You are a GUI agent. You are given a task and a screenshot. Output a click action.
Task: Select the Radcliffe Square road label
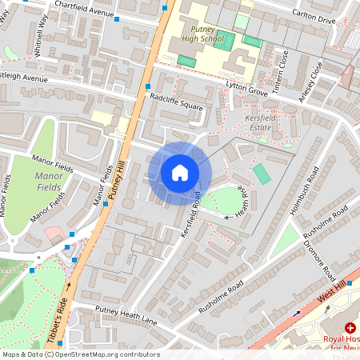(177, 101)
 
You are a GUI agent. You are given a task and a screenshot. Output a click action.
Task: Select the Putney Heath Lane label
(126, 313)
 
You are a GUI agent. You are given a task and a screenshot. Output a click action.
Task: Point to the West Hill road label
(335, 293)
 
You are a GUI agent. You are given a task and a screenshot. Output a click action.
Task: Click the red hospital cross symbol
(350, 328)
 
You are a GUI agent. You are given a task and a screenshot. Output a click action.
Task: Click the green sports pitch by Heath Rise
(262, 173)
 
